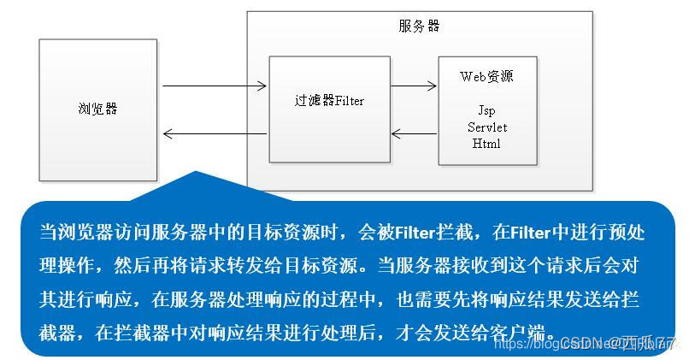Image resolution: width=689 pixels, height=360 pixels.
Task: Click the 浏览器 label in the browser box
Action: click(97, 109)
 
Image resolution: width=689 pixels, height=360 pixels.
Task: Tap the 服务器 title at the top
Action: click(419, 26)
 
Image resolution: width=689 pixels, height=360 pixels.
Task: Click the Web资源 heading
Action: click(486, 77)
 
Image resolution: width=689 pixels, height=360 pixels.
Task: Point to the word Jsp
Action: click(486, 111)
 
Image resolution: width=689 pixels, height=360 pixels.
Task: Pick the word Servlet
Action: click(486, 127)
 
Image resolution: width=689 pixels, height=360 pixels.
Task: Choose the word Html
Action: click(486, 144)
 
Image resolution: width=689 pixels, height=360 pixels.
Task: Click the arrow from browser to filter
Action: click(214, 86)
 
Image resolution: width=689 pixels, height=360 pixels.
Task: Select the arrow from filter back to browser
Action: click(214, 133)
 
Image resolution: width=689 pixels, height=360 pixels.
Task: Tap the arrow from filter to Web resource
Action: click(414, 86)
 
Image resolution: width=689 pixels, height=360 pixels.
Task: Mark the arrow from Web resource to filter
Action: click(414, 133)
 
